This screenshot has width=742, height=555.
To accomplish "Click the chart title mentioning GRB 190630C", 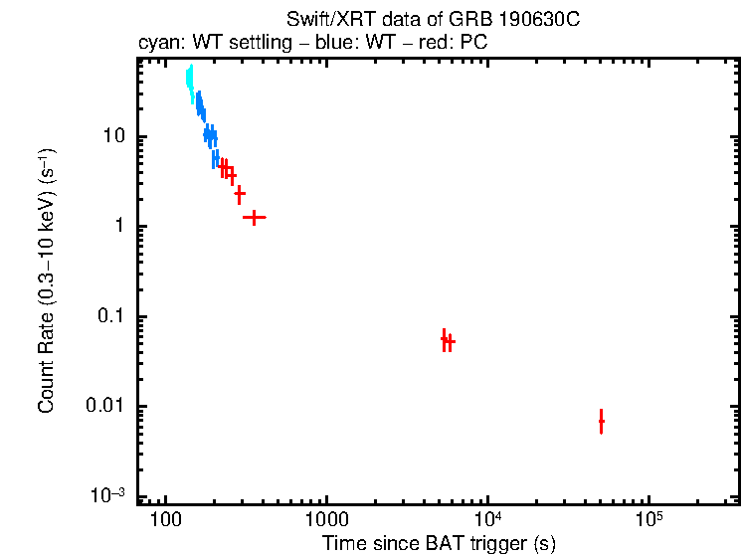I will click(438, 19).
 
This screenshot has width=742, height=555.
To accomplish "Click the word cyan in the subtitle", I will click(156, 44).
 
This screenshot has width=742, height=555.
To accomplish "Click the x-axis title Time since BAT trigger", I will click(438, 543).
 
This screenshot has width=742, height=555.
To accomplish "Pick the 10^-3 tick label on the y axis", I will click(110, 494).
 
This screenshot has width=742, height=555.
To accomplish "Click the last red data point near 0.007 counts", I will click(601, 422).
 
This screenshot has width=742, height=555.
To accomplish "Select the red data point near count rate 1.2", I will click(255, 217).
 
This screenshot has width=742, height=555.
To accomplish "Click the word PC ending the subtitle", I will click(472, 44).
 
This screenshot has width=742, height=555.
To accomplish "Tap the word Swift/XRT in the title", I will click(319, 19).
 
